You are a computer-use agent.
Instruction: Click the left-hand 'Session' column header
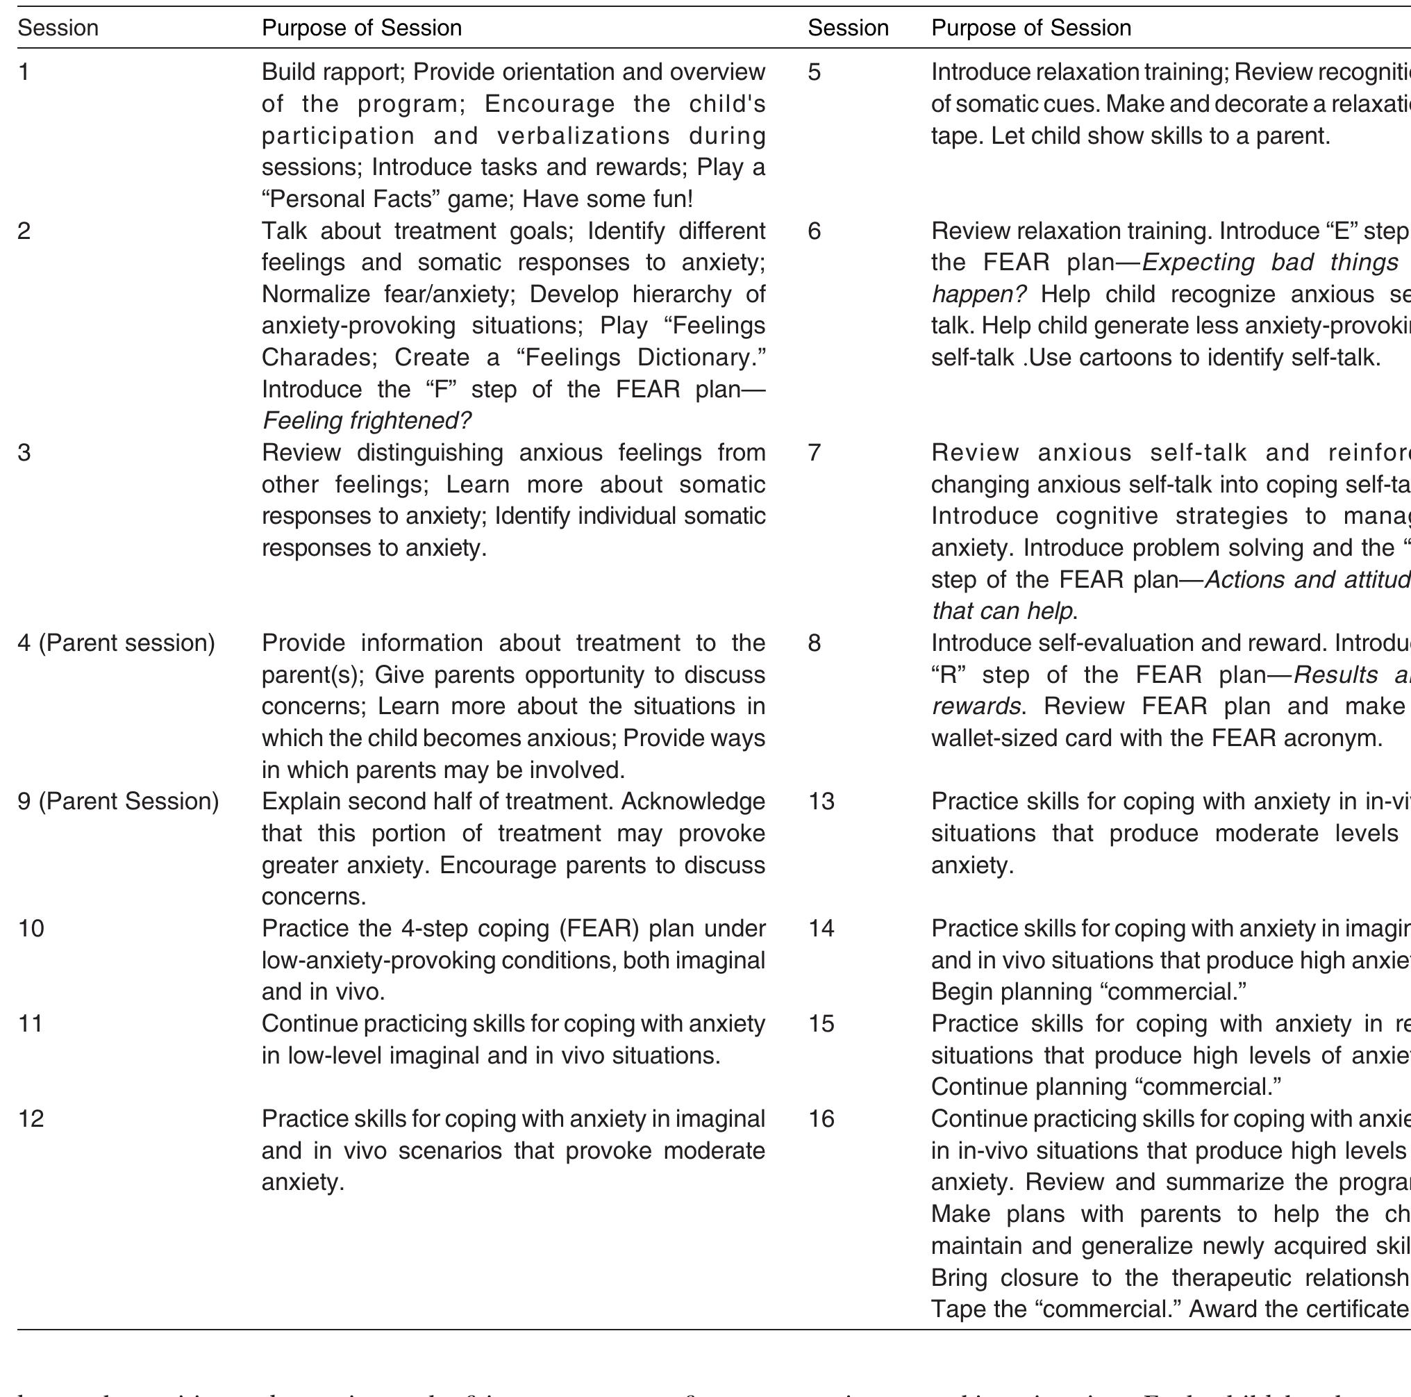pyautogui.click(x=58, y=28)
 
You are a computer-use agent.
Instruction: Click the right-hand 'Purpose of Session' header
pyautogui.click(x=1030, y=28)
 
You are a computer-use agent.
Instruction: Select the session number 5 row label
pyautogui.click(x=815, y=72)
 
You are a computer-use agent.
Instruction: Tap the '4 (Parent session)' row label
pyautogui.click(x=116, y=643)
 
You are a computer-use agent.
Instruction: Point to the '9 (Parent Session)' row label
pyautogui.click(x=117, y=802)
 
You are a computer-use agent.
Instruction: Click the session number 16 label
pyautogui.click(x=821, y=1119)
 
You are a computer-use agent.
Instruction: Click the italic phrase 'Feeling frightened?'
pyautogui.click(x=366, y=421)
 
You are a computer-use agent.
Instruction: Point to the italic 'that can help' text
pyautogui.click(x=1002, y=611)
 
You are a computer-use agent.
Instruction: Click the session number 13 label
pyautogui.click(x=821, y=802)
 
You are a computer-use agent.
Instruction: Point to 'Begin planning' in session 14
pyautogui.click(x=1011, y=992)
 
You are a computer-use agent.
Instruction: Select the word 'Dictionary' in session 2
pyautogui.click(x=697, y=357)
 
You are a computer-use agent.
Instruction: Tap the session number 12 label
pyautogui.click(x=31, y=1119)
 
